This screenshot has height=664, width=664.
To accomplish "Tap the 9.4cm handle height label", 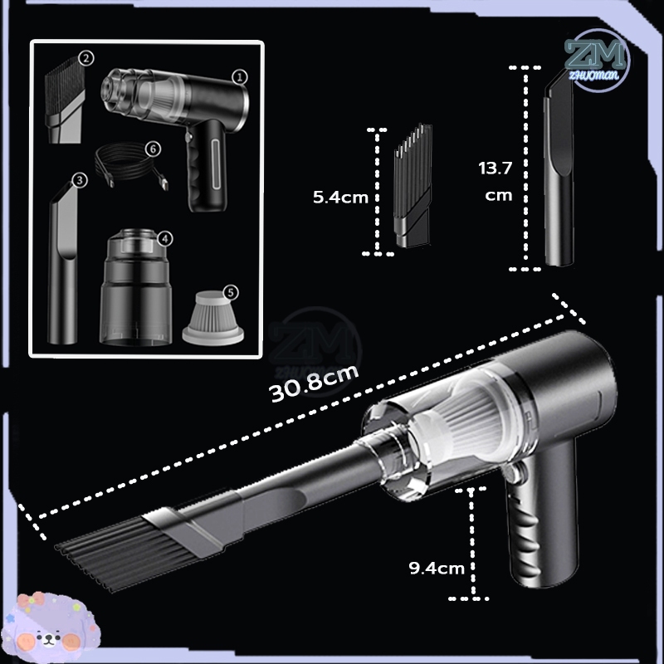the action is [437, 568].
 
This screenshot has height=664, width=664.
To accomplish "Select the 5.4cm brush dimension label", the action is [340, 198].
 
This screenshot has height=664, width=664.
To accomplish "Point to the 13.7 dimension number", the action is [495, 168].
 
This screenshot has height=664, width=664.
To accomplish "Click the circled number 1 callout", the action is [240, 77].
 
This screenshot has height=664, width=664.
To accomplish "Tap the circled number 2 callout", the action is [86, 58].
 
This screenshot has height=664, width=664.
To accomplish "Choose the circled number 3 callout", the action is [80, 180].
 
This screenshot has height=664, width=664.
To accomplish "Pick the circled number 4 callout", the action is [165, 239].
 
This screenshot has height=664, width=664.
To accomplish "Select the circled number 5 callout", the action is [231, 292].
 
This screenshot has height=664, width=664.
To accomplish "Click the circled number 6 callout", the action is [153, 149].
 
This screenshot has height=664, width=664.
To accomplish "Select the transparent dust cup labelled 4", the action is [135, 287].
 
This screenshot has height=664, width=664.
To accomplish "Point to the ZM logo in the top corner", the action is [596, 60].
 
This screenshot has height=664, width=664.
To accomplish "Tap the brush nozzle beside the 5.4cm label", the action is [413, 185].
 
